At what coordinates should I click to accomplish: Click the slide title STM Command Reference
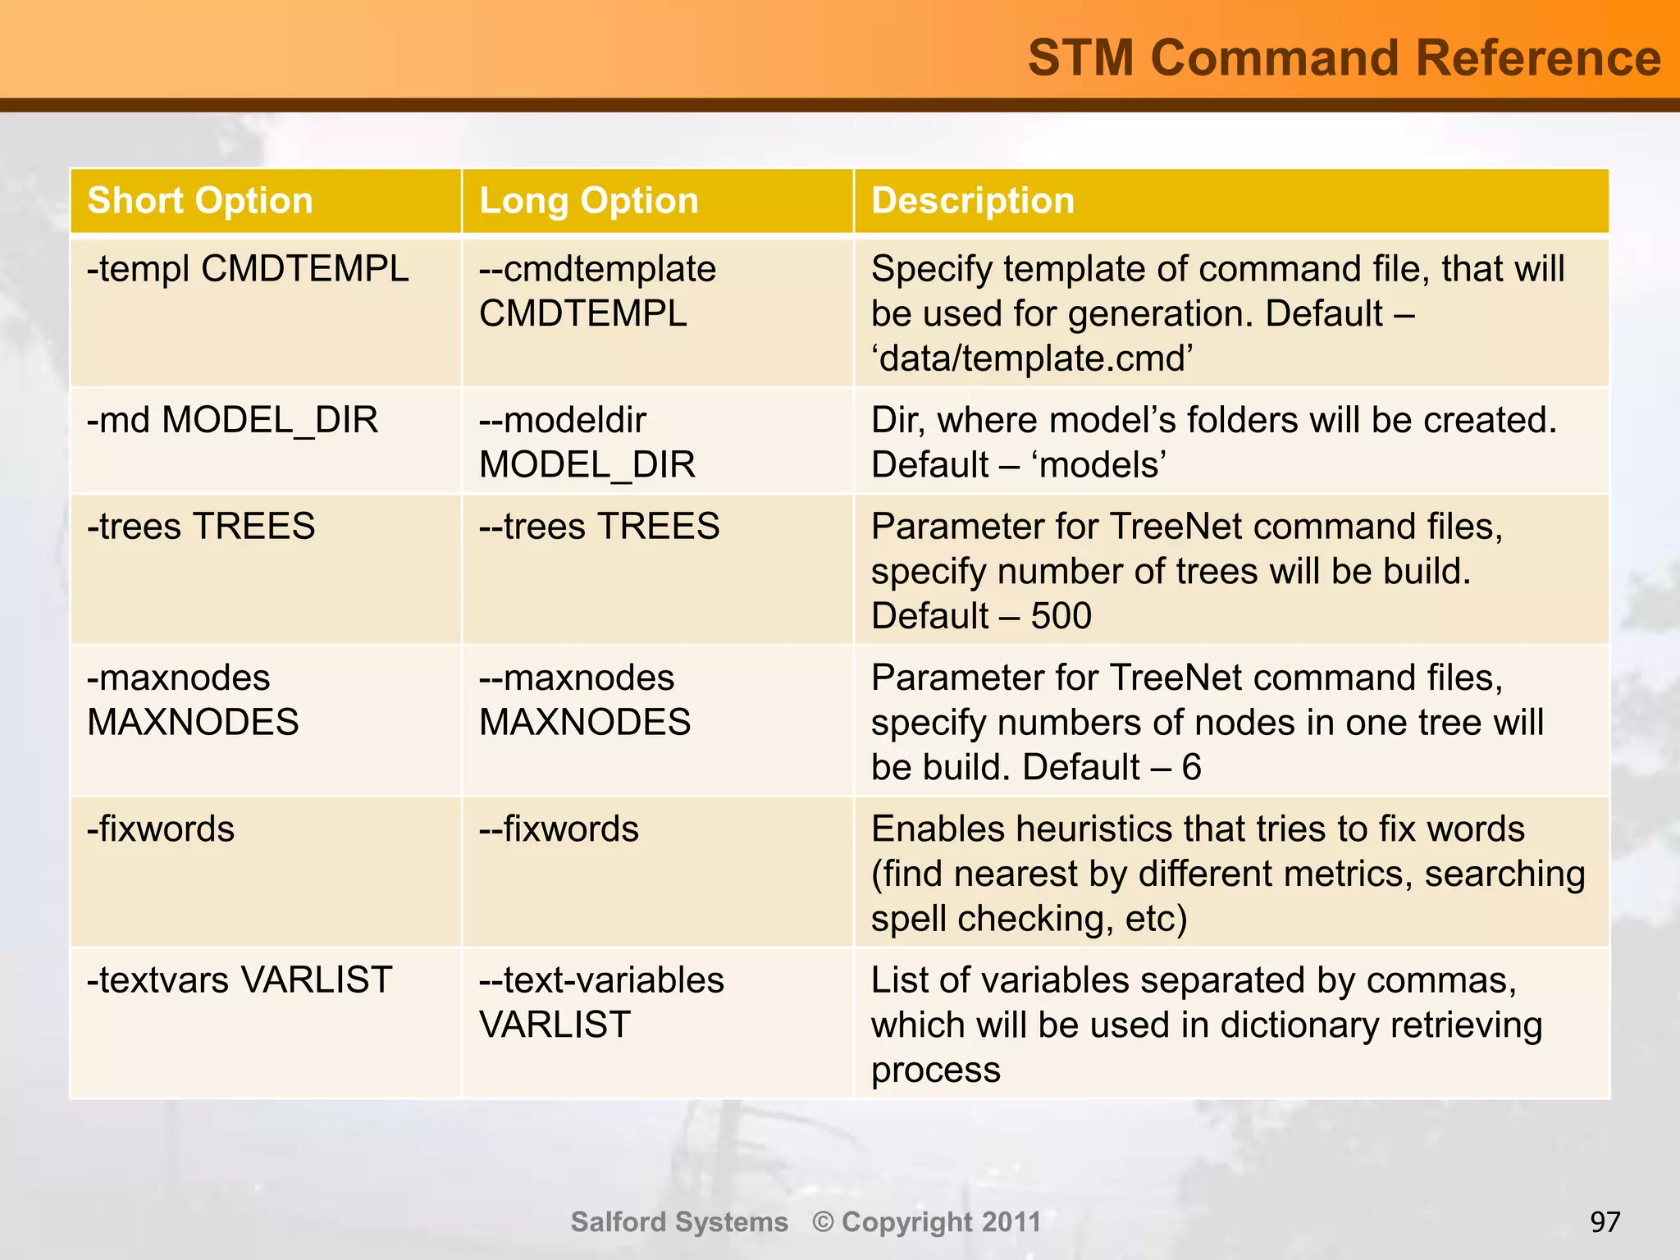[1344, 57]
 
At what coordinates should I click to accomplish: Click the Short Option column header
[200, 201]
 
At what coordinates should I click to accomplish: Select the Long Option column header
[588, 201]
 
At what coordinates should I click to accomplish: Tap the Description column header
[972, 201]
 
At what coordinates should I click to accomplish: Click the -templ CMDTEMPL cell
[248, 269]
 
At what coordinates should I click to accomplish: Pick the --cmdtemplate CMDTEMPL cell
[597, 291]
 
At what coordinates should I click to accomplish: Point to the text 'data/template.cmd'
[1032, 358]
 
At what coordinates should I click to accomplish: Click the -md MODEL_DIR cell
[232, 420]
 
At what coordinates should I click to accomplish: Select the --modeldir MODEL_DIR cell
[587, 442]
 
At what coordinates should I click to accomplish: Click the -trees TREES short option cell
[201, 526]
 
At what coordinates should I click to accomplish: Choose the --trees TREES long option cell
[599, 526]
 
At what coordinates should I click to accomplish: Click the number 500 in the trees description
[1061, 616]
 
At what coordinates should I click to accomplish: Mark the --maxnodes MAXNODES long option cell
[584, 700]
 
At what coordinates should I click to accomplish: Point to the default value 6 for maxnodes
[1191, 768]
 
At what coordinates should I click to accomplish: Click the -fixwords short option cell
[161, 829]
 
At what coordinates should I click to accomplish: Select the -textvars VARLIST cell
[240, 979]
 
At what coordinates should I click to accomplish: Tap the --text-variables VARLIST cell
[600, 1002]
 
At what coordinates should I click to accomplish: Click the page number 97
[1605, 1222]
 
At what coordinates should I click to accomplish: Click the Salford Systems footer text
[679, 1221]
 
